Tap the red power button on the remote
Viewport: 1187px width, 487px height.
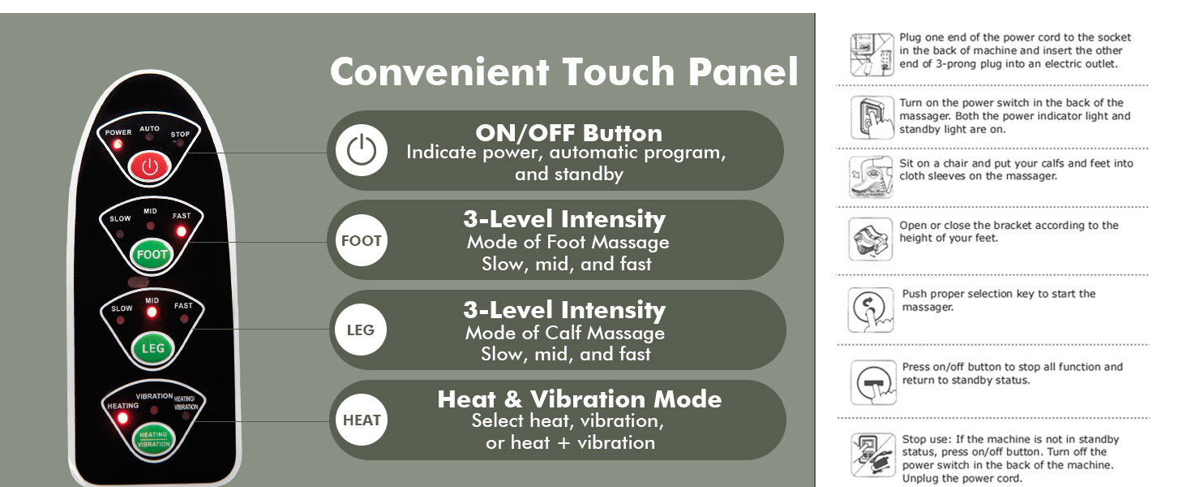pyautogui.click(x=149, y=167)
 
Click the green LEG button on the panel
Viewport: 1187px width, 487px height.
pyautogui.click(x=152, y=348)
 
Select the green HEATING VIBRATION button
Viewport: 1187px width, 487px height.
pyautogui.click(x=154, y=439)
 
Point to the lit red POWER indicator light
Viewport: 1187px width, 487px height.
pyautogui.click(x=118, y=144)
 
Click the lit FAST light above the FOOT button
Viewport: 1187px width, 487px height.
pyautogui.click(x=182, y=231)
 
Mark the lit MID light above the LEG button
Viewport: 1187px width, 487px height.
pyautogui.click(x=152, y=312)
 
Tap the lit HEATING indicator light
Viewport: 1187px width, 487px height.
pyautogui.click(x=122, y=418)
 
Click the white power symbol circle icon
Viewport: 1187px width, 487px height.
pyautogui.click(x=362, y=150)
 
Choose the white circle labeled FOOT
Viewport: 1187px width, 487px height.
pyautogui.click(x=362, y=240)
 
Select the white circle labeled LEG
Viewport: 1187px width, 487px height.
pyautogui.click(x=361, y=330)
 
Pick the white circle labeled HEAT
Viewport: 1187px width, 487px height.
pyautogui.click(x=362, y=420)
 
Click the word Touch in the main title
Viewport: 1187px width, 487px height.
pyautogui.click(x=619, y=71)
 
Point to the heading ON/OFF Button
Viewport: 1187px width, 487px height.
pyautogui.click(x=568, y=132)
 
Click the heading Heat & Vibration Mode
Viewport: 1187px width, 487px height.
pyautogui.click(x=579, y=399)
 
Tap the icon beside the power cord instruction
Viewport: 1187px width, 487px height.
pyautogui.click(x=872, y=54)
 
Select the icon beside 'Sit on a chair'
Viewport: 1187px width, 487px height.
pyautogui.click(x=871, y=177)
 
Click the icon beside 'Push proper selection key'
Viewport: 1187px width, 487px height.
pyautogui.click(x=871, y=310)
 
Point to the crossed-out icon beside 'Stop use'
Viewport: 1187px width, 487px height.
pyautogui.click(x=872, y=455)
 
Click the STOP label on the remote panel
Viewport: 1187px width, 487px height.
pyautogui.click(x=180, y=134)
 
